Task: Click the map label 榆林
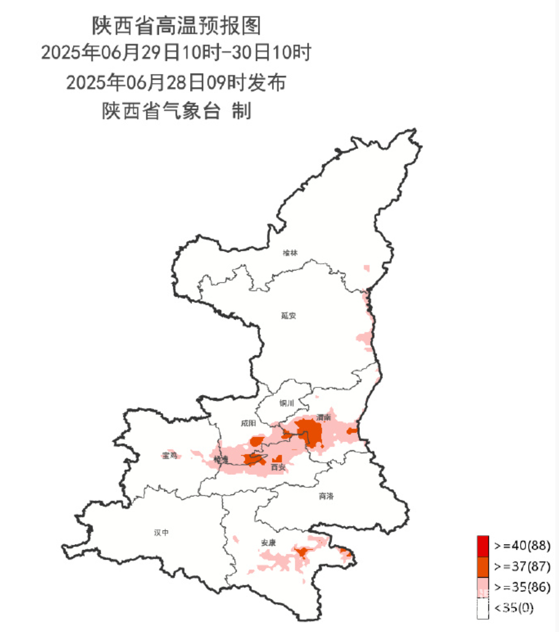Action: click(290, 253)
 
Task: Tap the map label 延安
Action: click(289, 316)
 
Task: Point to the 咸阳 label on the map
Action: click(248, 423)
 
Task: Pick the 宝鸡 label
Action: click(170, 456)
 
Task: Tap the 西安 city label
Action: click(278, 467)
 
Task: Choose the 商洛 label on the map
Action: click(326, 496)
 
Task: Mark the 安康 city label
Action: click(268, 543)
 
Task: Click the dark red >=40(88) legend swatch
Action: click(483, 545)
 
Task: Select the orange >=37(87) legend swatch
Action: click(483, 566)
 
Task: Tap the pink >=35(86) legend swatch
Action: click(483, 587)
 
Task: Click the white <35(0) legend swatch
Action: click(483, 607)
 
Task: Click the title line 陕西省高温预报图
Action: click(177, 26)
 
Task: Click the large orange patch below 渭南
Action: click(310, 432)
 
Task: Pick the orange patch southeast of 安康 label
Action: click(302, 552)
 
